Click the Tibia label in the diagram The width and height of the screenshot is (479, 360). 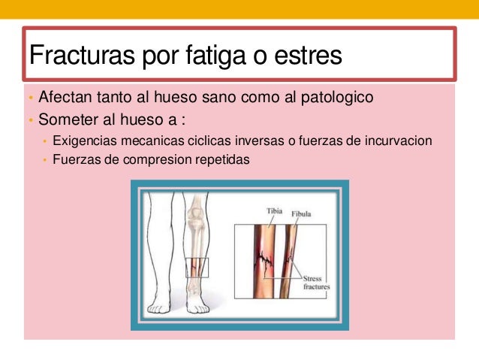[x=275, y=212]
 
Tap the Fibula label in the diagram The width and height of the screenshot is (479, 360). [x=302, y=215]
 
